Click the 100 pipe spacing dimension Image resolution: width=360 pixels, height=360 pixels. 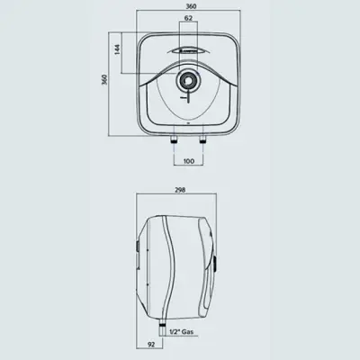(187, 162)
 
